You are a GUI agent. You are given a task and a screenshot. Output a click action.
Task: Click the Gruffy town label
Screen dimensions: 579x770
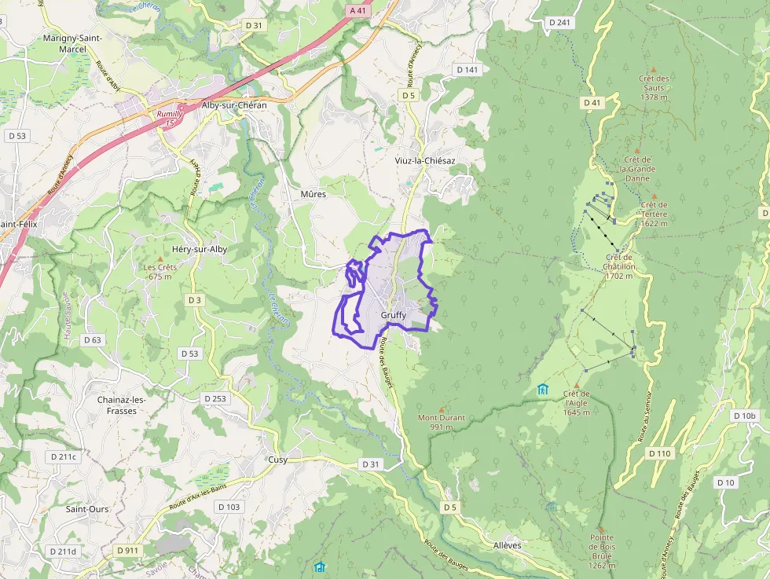click(x=393, y=315)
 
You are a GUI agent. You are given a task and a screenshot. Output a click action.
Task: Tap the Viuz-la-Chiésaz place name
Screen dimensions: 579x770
click(x=425, y=160)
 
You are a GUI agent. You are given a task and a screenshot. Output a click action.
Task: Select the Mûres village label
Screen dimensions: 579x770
click(x=313, y=193)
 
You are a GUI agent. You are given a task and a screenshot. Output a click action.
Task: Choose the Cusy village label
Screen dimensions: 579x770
click(x=277, y=460)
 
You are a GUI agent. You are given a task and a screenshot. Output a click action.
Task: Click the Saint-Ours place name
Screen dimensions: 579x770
click(x=87, y=509)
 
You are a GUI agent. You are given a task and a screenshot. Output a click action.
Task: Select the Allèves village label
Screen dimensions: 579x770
click(x=507, y=545)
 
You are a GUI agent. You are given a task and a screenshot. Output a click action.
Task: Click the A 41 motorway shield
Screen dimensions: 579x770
click(x=357, y=11)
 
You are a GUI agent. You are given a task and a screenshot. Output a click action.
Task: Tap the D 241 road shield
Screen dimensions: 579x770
click(x=559, y=22)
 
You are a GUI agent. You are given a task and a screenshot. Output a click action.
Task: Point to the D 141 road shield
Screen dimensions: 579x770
click(x=467, y=70)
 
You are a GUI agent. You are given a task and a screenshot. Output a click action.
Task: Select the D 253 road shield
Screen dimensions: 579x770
click(x=214, y=398)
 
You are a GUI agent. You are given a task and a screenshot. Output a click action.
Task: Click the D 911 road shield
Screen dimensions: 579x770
click(x=126, y=551)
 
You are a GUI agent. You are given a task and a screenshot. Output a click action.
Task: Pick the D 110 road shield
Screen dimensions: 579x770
click(x=660, y=453)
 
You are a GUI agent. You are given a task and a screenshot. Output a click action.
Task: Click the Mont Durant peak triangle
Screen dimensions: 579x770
click(x=441, y=409)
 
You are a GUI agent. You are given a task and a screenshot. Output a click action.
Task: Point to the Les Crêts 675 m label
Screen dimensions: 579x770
click(x=159, y=271)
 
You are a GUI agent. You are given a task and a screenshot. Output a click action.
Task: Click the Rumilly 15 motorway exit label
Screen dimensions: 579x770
click(x=170, y=119)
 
